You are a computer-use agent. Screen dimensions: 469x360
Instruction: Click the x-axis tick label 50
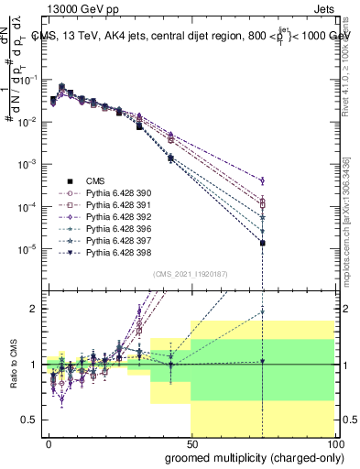[192, 443]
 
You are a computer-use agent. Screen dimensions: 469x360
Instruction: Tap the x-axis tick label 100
[335, 443]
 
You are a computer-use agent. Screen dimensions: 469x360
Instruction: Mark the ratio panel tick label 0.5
[31, 420]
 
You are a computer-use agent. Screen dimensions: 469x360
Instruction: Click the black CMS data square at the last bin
[263, 243]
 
